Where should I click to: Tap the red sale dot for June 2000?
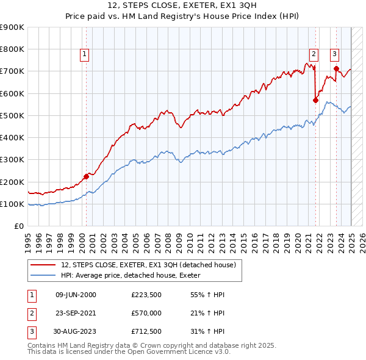86,176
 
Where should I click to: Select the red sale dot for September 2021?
316,100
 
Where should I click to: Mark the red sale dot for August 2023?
336,69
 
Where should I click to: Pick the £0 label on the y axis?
19,226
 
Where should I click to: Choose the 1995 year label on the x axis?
27,241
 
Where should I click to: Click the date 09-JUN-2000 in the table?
76,295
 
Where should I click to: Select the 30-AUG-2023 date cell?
76,333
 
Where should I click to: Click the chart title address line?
182,7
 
